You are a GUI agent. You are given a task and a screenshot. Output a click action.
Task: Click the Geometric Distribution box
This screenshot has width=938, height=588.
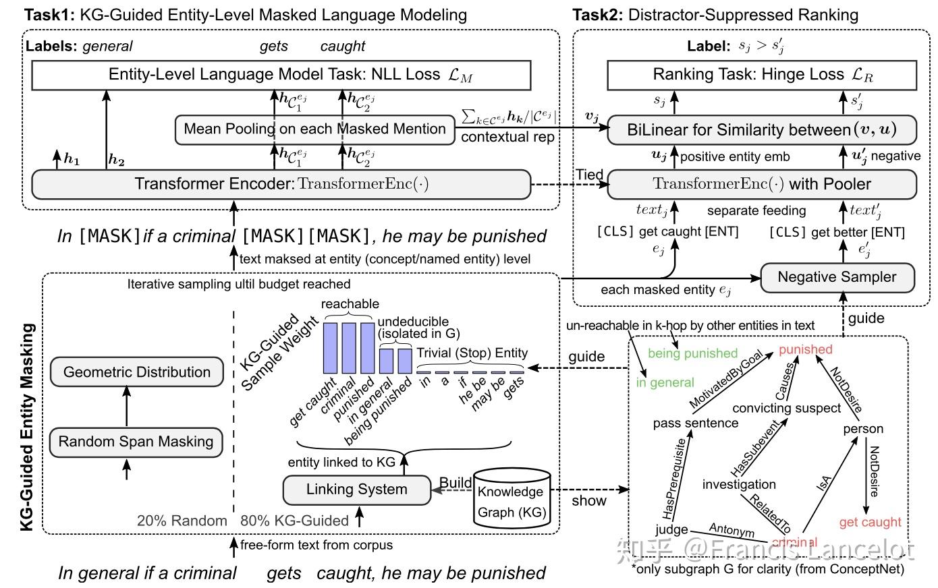(136, 372)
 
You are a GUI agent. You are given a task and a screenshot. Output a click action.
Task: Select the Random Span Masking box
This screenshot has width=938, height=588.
(136, 442)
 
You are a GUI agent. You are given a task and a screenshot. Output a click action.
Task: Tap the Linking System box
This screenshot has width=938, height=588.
(356, 490)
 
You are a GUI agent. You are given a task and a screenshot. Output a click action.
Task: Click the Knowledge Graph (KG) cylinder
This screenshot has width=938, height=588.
(512, 500)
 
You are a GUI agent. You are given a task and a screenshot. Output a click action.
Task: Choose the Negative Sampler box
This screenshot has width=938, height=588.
(837, 277)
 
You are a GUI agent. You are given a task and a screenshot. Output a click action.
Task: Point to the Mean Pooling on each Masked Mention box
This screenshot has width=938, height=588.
(314, 129)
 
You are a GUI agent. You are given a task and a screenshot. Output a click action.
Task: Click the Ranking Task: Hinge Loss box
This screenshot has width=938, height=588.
(762, 75)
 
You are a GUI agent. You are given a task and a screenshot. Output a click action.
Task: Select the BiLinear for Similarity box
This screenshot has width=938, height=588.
(762, 129)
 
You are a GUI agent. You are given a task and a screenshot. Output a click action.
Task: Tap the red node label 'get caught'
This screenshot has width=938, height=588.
(870, 522)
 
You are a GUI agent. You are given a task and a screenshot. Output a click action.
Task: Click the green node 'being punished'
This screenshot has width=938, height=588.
(692, 353)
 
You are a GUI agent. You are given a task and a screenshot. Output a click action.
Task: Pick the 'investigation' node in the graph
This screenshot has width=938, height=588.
(739, 484)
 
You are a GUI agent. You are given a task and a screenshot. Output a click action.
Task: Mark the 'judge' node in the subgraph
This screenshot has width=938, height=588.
(671, 529)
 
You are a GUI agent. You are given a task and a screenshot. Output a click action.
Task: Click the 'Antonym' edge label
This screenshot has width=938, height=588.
(731, 530)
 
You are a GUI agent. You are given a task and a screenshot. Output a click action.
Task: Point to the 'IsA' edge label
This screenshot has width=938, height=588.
(824, 483)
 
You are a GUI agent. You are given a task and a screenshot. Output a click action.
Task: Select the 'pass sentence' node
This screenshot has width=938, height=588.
(695, 423)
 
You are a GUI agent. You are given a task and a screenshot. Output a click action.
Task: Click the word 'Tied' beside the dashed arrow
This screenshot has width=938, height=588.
(589, 175)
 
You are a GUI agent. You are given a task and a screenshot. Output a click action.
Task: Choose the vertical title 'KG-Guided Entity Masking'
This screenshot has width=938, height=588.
(28, 427)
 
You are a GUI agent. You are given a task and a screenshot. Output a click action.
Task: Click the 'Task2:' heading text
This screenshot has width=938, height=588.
(598, 15)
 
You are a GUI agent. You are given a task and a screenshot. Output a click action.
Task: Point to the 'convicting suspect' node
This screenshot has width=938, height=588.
(786, 408)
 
